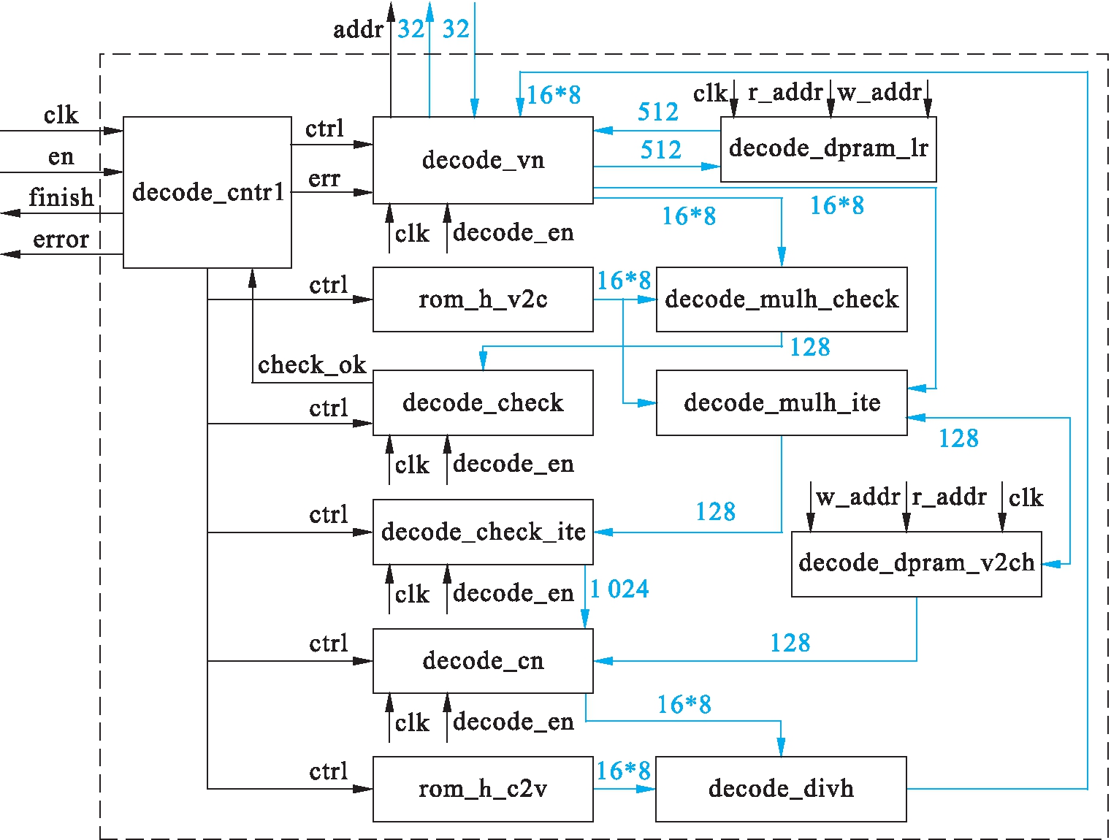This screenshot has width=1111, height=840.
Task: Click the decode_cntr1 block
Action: click(x=207, y=192)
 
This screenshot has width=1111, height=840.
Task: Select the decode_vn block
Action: click(x=483, y=160)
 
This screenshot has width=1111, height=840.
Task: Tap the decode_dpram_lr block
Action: click(x=828, y=149)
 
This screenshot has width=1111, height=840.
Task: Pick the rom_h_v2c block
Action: click(x=483, y=299)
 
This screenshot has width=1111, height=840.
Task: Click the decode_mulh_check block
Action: click(x=782, y=299)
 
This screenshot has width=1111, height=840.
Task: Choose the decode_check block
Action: click(x=483, y=402)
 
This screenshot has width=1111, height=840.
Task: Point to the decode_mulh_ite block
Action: click(x=782, y=402)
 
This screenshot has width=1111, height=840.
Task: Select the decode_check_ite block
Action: click(x=483, y=532)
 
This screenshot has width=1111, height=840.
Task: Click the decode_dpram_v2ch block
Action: click(x=917, y=563)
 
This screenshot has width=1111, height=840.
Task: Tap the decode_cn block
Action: click(x=483, y=661)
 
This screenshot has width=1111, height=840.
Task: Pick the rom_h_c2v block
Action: click(x=483, y=789)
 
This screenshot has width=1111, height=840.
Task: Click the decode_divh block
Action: click(x=781, y=789)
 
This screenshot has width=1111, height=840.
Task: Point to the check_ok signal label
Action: click(x=312, y=364)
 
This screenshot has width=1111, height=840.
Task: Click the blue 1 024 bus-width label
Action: click(x=619, y=589)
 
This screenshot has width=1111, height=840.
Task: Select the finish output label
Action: click(x=61, y=197)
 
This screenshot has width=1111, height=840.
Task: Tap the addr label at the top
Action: click(x=358, y=30)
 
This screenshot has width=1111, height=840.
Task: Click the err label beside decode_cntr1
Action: click(x=324, y=179)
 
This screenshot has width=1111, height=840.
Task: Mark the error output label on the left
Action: click(x=61, y=240)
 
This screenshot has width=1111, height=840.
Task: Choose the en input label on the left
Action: click(x=61, y=156)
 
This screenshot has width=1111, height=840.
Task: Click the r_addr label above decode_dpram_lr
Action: click(x=785, y=93)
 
